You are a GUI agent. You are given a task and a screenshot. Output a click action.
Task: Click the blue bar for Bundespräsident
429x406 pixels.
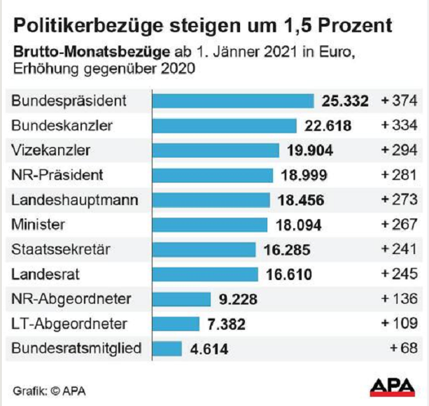tap(233, 101)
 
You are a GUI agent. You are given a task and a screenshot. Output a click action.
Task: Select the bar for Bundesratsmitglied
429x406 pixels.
tap(167, 348)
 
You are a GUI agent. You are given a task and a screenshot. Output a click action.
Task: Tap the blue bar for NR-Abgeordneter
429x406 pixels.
tap(182, 299)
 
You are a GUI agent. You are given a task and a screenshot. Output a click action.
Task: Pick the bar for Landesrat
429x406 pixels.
tap(205, 274)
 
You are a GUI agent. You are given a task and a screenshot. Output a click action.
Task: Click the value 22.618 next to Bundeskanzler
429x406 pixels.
tap(328, 126)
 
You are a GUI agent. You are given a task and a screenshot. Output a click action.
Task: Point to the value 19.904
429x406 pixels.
tap(310, 150)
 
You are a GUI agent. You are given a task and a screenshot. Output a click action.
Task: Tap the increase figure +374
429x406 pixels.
tap(399, 101)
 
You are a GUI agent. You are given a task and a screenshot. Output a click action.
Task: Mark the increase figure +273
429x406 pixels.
tap(399, 200)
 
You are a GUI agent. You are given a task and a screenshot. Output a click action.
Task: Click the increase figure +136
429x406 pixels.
tap(399, 299)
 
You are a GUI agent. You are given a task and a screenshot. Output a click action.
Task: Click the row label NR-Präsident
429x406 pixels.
tap(57, 175)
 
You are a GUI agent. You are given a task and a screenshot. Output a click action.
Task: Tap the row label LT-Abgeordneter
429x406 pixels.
tap(69, 323)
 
